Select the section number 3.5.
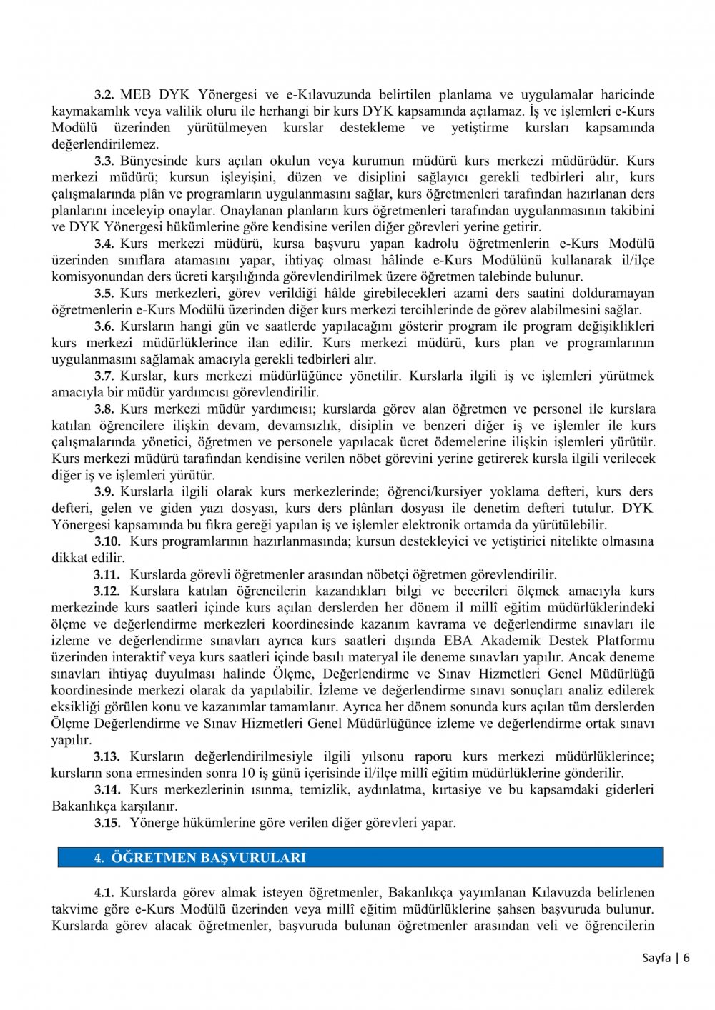pos(104,293)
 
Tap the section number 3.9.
pos(104,491)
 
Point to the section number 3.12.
pos(107,591)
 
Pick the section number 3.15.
pos(107,822)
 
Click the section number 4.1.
pos(104,892)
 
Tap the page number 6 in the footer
pos(686,958)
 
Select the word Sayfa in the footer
pos(656,958)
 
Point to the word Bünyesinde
pos(152,161)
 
